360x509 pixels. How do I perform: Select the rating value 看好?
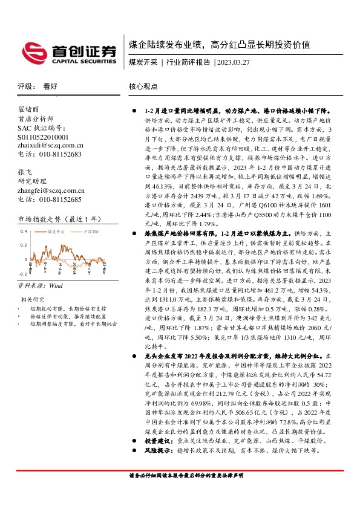(51, 87)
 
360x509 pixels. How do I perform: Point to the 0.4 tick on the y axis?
(24, 232)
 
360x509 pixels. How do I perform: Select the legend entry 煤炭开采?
(56, 232)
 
